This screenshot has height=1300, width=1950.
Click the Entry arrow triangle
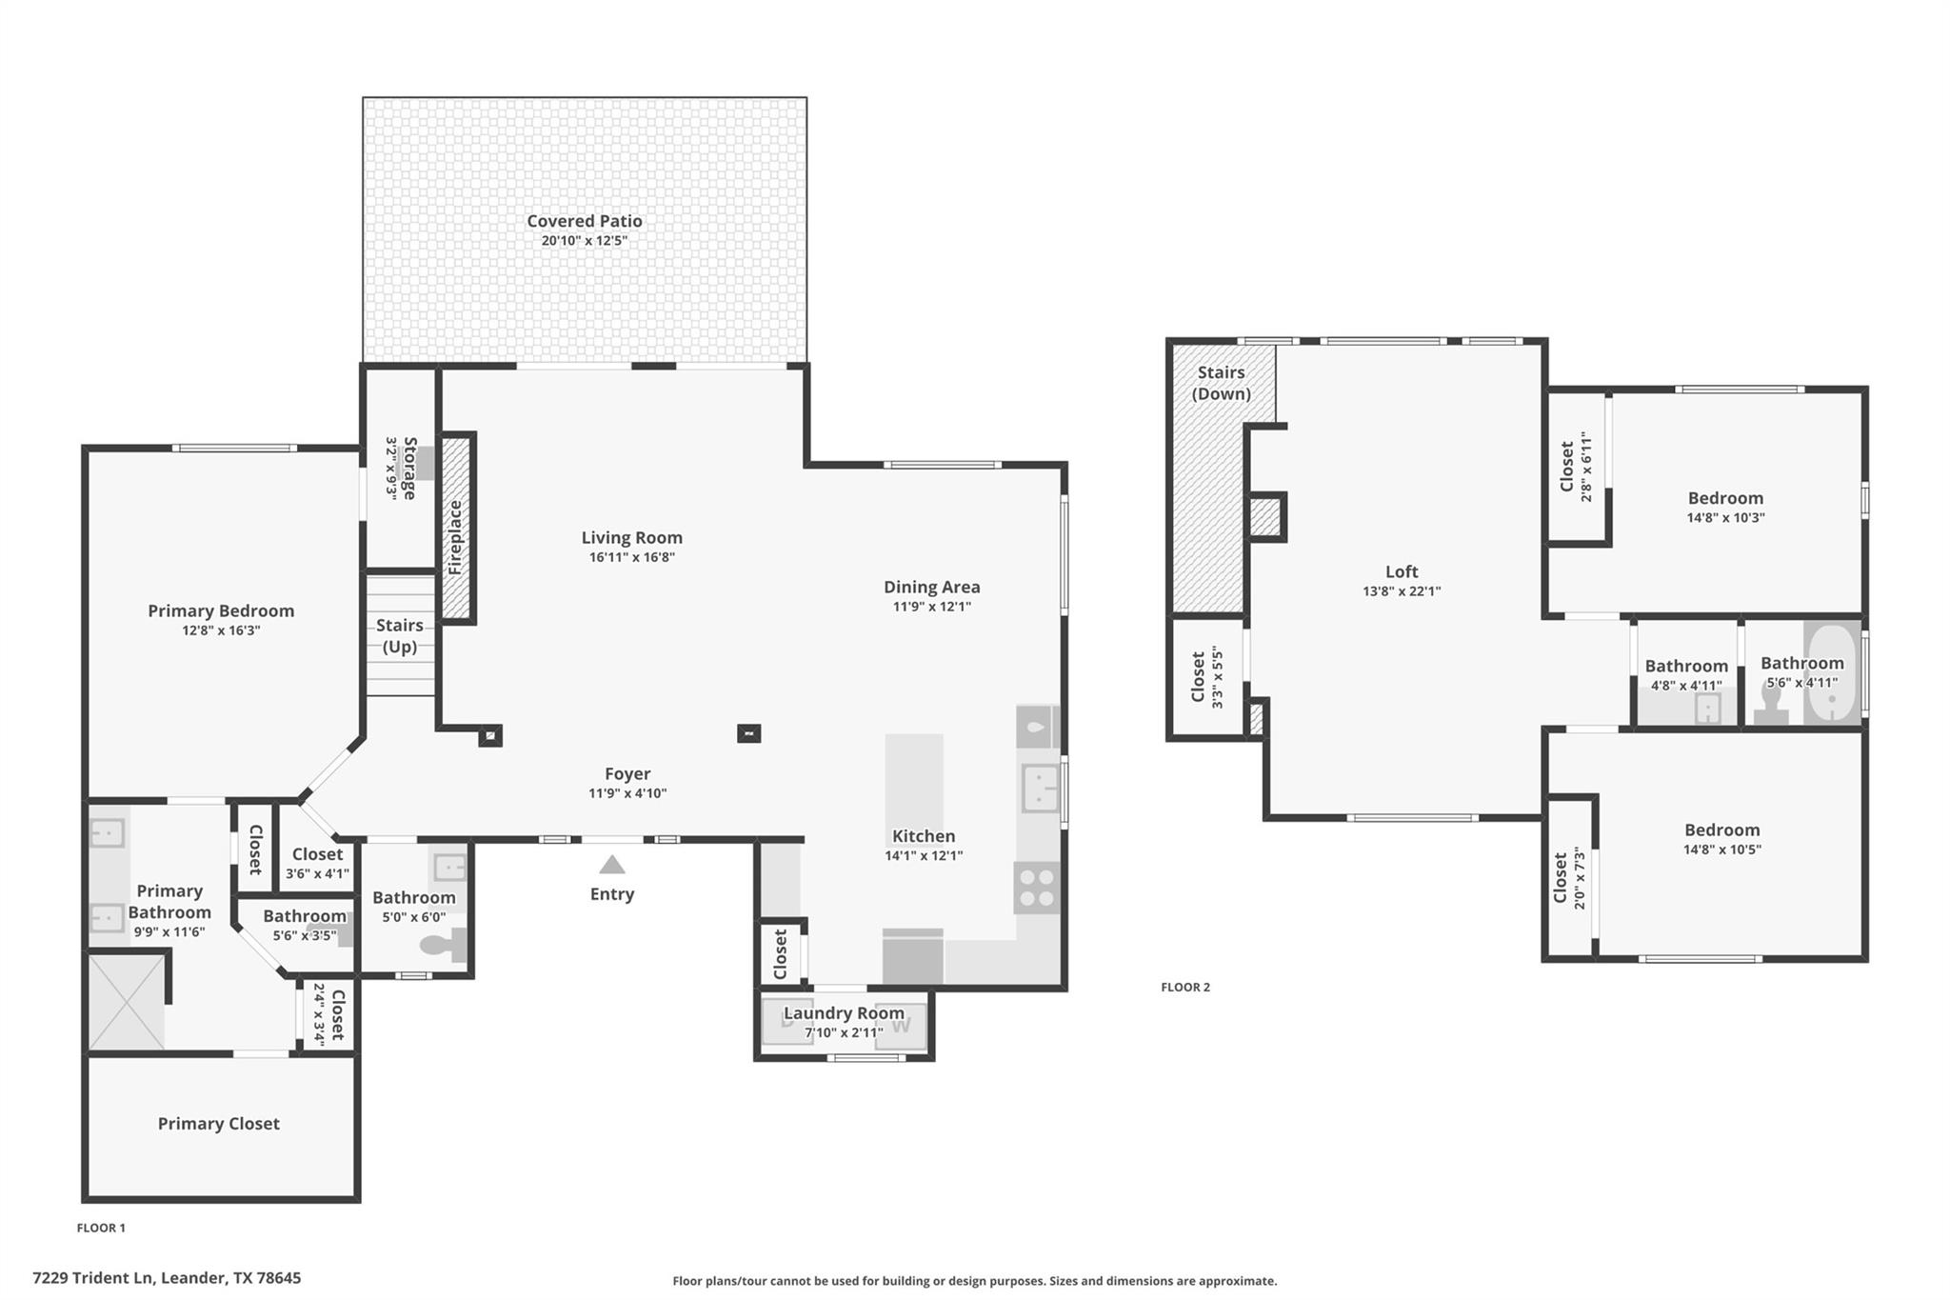(x=612, y=865)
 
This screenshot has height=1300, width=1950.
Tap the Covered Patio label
(x=585, y=221)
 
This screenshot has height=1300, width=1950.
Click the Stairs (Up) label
(x=399, y=635)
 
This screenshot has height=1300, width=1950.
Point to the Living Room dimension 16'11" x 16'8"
(x=631, y=557)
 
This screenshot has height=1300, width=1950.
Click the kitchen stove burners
(x=1036, y=888)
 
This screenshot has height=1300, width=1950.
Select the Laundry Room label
(x=844, y=1013)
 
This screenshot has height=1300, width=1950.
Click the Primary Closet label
(x=218, y=1124)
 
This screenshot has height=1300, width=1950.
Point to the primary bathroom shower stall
(x=127, y=1002)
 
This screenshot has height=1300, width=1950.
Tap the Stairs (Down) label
(x=1221, y=383)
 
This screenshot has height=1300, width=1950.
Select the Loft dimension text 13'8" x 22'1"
(x=1401, y=591)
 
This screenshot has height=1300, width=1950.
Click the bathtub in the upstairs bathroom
(x=1831, y=674)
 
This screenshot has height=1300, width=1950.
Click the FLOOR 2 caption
(x=1184, y=987)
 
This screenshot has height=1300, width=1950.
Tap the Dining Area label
(x=931, y=588)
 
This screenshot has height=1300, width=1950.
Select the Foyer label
(x=627, y=774)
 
